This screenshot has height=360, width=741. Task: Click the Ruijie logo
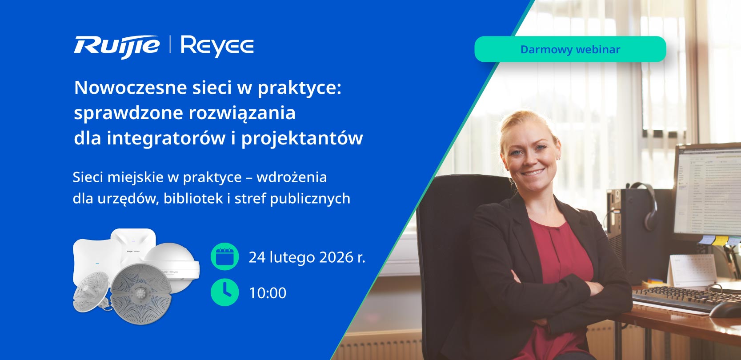116,46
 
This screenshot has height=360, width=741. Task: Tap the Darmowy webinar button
570,49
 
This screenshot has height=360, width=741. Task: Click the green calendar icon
224,256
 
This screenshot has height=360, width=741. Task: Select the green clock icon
224,292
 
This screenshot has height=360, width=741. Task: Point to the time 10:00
268,293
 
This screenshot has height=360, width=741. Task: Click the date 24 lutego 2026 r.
307,257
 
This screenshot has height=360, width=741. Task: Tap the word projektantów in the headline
302,138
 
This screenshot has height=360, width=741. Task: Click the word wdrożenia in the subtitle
292,177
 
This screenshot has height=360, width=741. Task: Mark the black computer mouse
725,309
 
